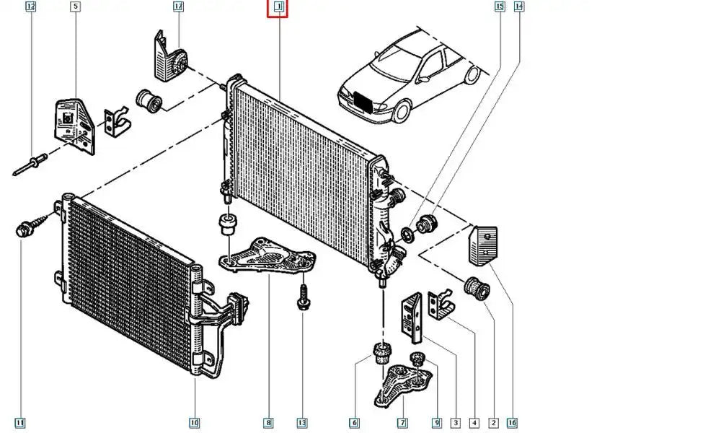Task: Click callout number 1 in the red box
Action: point(278,8)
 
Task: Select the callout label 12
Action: point(30,7)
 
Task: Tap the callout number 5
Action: point(76,7)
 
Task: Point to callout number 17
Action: point(179,7)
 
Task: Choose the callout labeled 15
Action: point(499,7)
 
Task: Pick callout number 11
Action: point(20,423)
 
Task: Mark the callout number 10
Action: point(195,423)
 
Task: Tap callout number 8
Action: point(268,423)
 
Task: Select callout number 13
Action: point(301,423)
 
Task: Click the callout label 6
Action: point(355,423)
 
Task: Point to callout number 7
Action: point(402,423)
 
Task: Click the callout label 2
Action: point(493,423)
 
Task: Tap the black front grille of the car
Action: point(363,102)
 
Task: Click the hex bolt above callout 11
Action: point(22,231)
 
